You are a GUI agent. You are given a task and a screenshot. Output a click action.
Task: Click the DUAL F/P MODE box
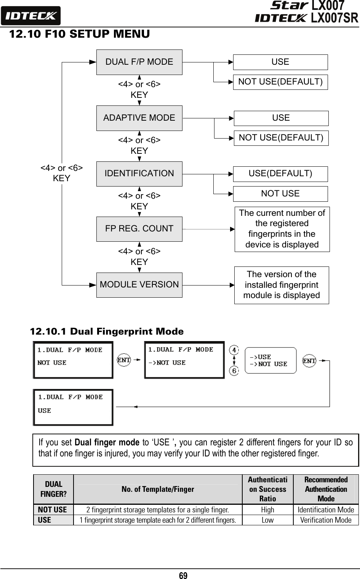tap(139, 62)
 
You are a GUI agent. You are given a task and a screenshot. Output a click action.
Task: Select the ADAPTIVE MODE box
tap(139, 118)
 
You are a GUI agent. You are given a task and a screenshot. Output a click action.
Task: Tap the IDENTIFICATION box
tap(139, 174)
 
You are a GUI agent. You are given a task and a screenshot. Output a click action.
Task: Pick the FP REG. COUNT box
tap(139, 229)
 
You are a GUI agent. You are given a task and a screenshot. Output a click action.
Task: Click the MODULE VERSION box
tap(139, 285)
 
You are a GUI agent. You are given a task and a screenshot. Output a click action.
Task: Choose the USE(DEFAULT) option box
tap(280, 174)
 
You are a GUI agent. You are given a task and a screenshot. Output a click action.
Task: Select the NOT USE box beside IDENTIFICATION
tap(280, 194)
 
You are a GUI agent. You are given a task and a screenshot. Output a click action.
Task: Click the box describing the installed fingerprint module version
tap(282, 285)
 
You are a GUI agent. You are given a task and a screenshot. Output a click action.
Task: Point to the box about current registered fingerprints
tap(282, 229)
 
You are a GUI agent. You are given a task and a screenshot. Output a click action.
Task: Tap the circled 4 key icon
tap(234, 350)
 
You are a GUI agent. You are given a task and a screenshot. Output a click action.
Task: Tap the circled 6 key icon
tap(234, 370)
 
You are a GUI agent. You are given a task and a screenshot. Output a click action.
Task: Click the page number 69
tap(183, 576)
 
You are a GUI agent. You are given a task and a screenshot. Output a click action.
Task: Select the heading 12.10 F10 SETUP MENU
tap(79, 34)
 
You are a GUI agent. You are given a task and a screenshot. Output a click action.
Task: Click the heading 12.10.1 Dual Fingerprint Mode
tap(107, 332)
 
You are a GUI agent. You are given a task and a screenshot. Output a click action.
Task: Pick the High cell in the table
tap(267, 510)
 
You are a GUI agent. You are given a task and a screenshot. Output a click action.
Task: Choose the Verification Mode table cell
tap(326, 520)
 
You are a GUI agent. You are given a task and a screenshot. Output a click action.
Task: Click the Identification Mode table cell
tap(326, 510)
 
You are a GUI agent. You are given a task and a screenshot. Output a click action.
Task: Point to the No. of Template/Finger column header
tap(158, 490)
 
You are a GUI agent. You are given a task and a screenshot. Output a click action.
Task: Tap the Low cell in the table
tap(267, 520)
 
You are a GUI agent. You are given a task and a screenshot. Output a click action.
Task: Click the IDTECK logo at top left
tap(30, 16)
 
